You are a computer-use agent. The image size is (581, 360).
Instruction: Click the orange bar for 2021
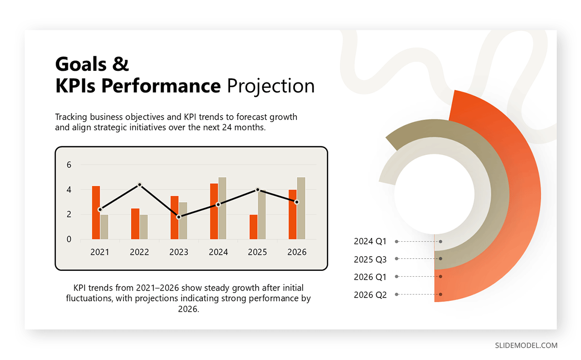[x=96, y=213]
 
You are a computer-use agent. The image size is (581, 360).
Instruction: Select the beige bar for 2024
[x=222, y=208]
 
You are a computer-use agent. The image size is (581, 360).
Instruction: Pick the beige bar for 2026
[x=301, y=208]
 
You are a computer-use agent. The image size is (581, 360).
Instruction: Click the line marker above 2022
[x=139, y=185]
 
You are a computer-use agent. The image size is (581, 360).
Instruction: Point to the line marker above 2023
[x=179, y=217]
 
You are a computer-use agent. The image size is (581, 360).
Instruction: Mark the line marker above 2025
[x=258, y=190]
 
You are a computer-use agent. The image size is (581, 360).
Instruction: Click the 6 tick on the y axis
[x=69, y=165]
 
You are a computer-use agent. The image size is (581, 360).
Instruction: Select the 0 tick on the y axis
[x=69, y=239]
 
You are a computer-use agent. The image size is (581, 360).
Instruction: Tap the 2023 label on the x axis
[x=179, y=252]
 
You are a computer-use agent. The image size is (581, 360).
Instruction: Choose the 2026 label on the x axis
[x=297, y=252]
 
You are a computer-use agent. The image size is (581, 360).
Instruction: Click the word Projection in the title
[x=271, y=86]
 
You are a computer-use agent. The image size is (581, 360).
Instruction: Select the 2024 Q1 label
[x=370, y=241]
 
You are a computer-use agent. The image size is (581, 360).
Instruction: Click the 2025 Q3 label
[x=370, y=259]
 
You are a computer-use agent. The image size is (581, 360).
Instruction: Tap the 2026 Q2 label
[x=370, y=295]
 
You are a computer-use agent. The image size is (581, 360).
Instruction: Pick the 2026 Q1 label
[x=370, y=277]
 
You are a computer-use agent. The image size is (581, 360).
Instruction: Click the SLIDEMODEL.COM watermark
[x=526, y=345]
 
